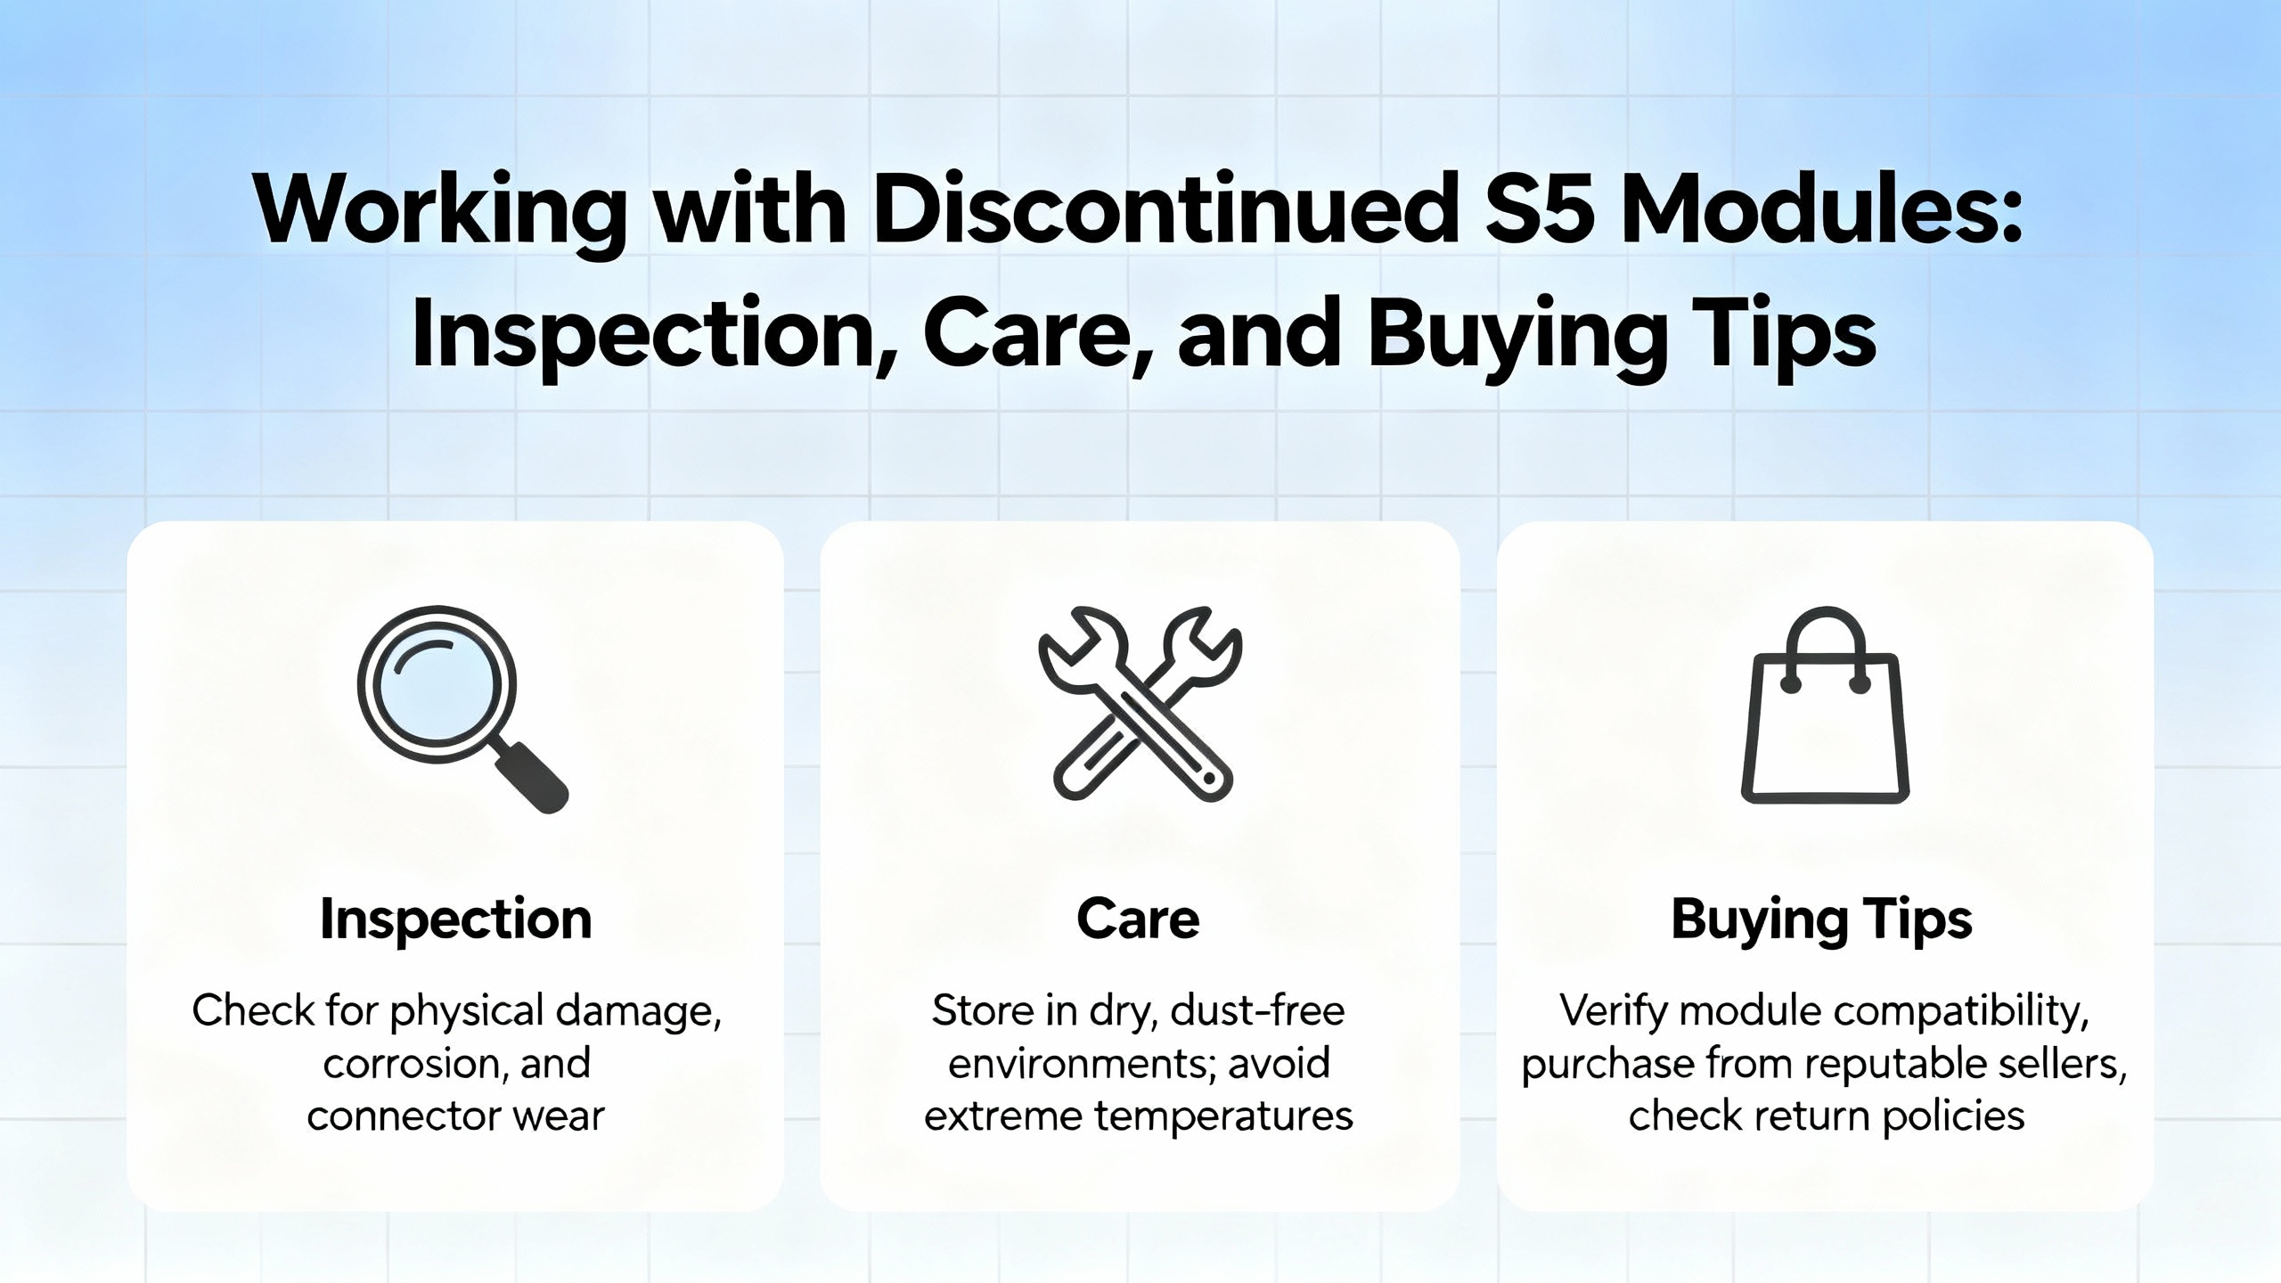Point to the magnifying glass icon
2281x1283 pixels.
[x=462, y=709]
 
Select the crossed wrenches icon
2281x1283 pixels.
[x=1140, y=705]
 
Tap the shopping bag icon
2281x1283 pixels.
[x=1825, y=705]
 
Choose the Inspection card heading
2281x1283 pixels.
[x=455, y=919]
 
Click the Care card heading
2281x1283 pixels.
[x=1138, y=919]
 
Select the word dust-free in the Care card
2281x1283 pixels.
[x=1257, y=1010]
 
